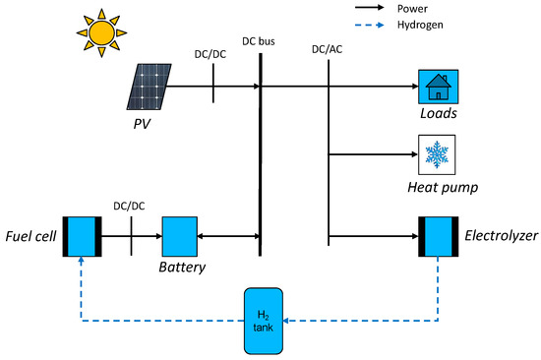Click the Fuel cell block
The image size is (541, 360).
click(80, 236)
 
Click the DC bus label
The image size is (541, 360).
click(260, 42)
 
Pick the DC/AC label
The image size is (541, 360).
click(326, 48)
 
